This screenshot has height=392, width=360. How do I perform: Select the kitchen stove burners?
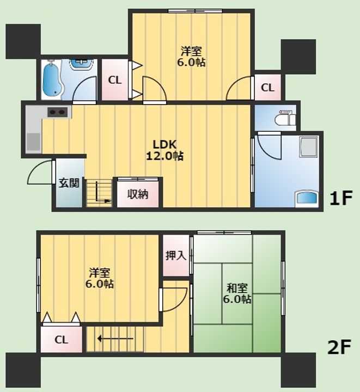point(57,113)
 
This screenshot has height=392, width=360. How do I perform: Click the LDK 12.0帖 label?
point(164,150)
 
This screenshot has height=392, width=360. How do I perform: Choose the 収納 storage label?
point(138,194)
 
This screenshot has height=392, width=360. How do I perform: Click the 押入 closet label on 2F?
point(175,255)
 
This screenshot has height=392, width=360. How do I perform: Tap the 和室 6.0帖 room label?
point(237,293)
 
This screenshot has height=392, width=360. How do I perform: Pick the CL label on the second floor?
point(61,340)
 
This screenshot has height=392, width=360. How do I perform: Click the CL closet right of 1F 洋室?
point(267,87)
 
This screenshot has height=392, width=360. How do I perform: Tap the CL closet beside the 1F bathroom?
point(114,80)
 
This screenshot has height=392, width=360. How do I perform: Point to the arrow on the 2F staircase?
point(114,339)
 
